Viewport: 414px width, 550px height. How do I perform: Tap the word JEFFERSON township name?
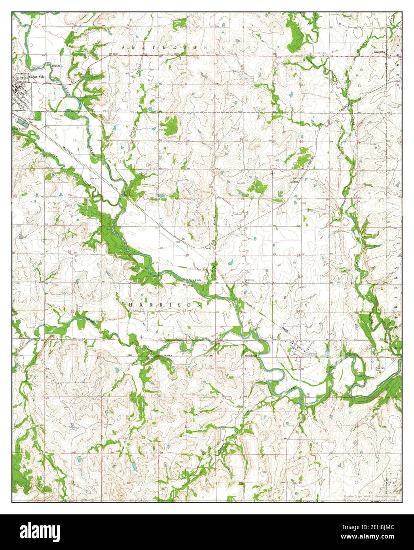coord(165,47)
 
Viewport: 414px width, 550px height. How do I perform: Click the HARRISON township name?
coord(165,305)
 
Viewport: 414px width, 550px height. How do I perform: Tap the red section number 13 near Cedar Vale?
coord(74,140)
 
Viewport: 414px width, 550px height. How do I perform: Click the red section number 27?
coord(299,256)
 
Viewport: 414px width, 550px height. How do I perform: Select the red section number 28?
coord(243,256)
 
